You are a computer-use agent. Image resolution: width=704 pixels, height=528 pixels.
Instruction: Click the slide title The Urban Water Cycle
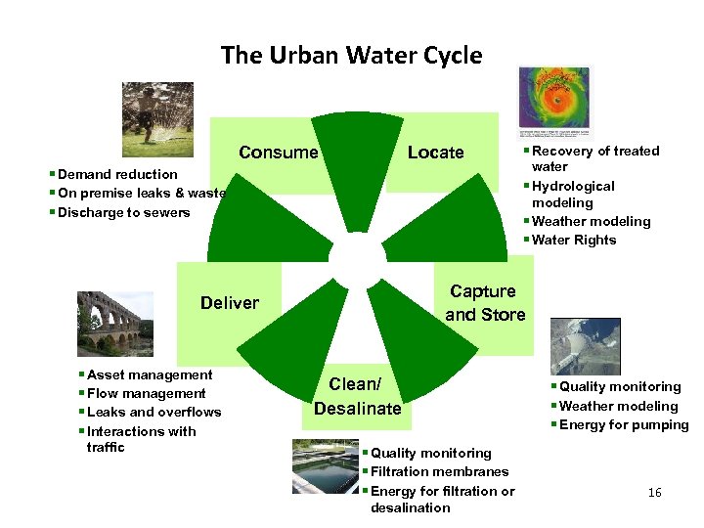pos(352,55)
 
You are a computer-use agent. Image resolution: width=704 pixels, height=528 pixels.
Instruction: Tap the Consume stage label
pos(279,153)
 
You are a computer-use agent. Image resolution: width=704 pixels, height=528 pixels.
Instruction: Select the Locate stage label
pos(435,153)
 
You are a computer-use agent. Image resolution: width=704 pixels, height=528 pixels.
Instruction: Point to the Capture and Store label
pos(485,303)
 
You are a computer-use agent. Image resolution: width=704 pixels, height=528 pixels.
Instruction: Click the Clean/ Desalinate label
pos(358,396)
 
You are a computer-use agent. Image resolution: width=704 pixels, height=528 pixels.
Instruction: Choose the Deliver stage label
pos(230,303)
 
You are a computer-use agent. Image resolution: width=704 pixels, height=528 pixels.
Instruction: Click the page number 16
pos(654,493)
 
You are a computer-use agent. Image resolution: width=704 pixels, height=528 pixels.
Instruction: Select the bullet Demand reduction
pos(117,174)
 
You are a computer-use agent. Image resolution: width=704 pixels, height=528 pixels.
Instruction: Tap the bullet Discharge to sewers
pos(123,212)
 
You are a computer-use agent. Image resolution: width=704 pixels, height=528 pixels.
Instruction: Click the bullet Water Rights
pos(573,240)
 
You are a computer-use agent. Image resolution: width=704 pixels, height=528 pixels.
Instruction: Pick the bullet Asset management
pos(149,374)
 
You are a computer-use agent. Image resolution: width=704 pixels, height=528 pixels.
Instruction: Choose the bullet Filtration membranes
pos(439,471)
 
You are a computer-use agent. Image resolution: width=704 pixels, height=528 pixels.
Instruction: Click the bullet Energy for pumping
pos(624,424)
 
